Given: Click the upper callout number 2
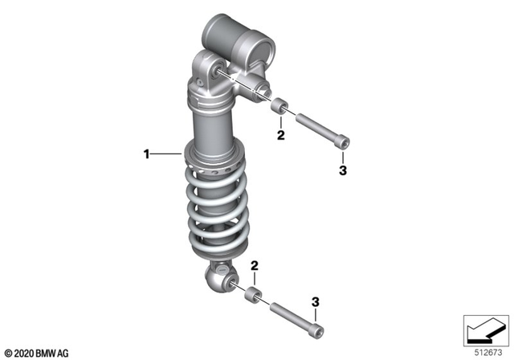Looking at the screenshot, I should pos(281,137).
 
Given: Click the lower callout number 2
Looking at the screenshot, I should pos(254,266).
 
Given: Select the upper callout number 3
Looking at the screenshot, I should pos(342,170).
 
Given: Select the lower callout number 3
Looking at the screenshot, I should pos(316,301).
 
